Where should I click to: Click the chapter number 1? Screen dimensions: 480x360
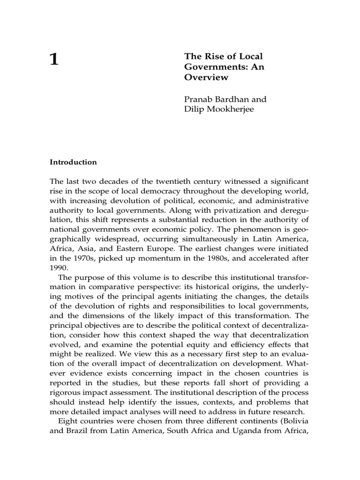coord(54,60)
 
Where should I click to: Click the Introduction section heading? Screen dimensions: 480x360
coord(73,162)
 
